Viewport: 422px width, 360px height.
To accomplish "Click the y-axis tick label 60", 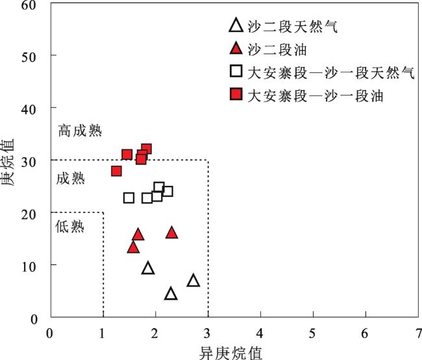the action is pyautogui.click(x=29, y=5).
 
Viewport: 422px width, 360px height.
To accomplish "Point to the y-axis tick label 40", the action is pyautogui.click(x=29, y=109).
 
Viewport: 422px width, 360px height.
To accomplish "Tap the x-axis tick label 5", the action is pyautogui.click(x=312, y=333).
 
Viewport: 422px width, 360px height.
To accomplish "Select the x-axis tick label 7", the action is pyautogui.click(x=419, y=333).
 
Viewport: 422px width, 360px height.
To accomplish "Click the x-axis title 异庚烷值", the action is pyautogui.click(x=230, y=353).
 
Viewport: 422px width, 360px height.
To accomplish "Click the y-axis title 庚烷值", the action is pyautogui.click(x=7, y=162).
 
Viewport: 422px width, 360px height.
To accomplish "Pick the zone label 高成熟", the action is pyautogui.click(x=81, y=131).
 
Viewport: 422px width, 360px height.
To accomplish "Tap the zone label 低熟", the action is pyautogui.click(x=69, y=226).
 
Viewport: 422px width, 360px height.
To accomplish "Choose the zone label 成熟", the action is pyautogui.click(x=71, y=179).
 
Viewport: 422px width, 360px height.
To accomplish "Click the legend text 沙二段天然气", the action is pyautogui.click(x=292, y=27).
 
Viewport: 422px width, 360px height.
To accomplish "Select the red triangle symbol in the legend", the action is pyautogui.click(x=236, y=48).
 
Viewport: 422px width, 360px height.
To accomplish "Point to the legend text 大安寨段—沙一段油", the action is pyautogui.click(x=315, y=96).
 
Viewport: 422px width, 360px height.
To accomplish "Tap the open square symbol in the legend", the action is pyautogui.click(x=236, y=71).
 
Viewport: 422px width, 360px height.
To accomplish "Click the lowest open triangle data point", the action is pyautogui.click(x=171, y=294).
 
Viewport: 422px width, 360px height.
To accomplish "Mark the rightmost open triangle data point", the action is pyautogui.click(x=193, y=281).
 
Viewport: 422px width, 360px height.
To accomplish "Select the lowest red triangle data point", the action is pyautogui.click(x=133, y=248).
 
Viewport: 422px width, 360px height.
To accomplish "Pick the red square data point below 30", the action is pyautogui.click(x=116, y=171).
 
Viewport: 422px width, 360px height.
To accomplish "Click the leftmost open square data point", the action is pyautogui.click(x=129, y=198).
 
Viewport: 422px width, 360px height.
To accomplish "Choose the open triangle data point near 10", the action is pyautogui.click(x=148, y=268).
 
